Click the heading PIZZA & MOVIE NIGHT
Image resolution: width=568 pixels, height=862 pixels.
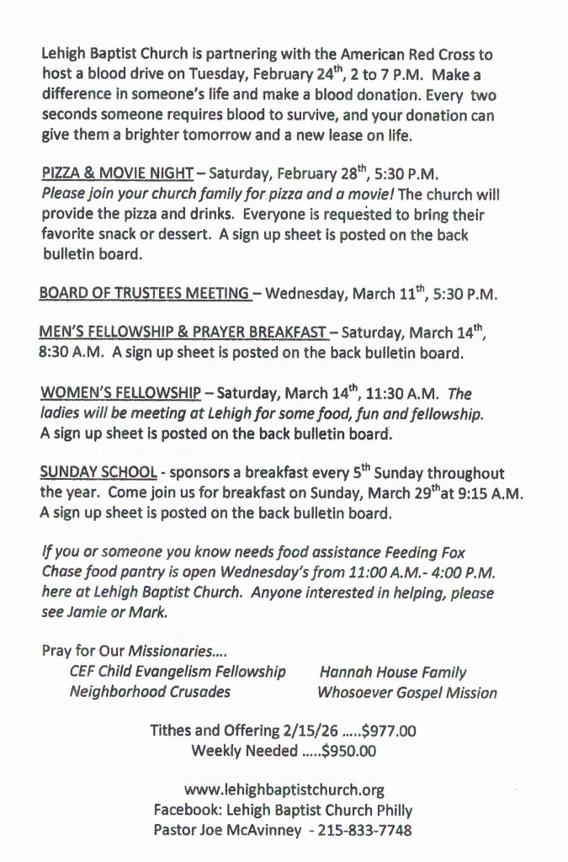click(x=117, y=175)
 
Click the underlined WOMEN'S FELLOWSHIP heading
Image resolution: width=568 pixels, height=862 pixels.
click(x=120, y=393)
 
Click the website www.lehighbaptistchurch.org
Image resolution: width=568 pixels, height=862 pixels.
click(x=284, y=790)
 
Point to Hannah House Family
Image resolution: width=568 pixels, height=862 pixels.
click(x=393, y=672)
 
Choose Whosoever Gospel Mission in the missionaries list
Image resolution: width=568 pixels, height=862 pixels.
click(x=407, y=693)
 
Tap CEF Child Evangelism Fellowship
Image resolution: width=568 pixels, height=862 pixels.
click(x=178, y=672)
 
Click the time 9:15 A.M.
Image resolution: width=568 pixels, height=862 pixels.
click(x=466, y=493)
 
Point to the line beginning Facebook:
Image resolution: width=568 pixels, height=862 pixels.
click(x=283, y=809)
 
